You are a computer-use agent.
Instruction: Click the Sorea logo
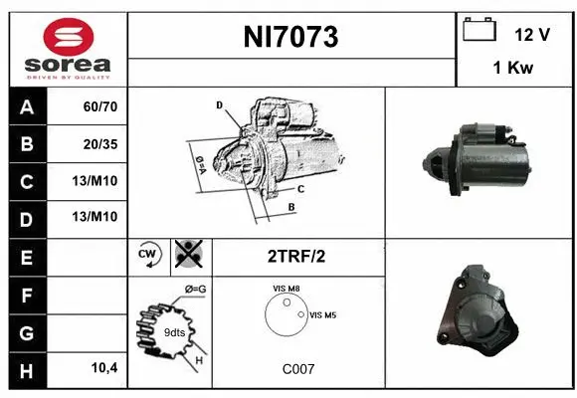pos(67,49)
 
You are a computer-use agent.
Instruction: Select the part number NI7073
pos(291,37)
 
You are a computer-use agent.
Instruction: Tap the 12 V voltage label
pos(532,34)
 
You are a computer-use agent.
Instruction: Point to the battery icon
pos(480,31)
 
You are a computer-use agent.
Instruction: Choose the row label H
pos(26,369)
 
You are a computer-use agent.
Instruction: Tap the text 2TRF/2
pos(295,256)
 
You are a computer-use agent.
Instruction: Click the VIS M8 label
pos(286,289)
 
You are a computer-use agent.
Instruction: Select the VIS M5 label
pos(323,314)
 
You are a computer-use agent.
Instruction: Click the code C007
pos(297,368)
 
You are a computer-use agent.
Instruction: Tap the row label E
pos(26,256)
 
